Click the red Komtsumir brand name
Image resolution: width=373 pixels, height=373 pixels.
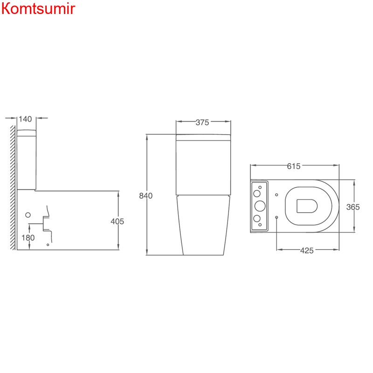point(38,9)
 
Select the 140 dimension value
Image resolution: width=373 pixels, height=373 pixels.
point(25,119)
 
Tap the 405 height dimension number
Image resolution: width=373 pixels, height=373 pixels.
point(117,221)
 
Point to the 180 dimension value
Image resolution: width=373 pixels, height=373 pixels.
point(28,238)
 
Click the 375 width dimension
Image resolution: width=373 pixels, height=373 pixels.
point(202,123)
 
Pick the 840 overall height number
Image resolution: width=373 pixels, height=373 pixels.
point(146,196)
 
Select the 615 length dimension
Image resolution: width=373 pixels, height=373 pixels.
point(294,166)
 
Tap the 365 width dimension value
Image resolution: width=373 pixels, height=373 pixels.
point(353,207)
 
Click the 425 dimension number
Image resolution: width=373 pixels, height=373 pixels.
point(306,251)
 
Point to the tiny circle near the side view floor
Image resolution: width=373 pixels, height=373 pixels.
point(48,244)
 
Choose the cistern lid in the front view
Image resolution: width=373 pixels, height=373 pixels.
point(203,137)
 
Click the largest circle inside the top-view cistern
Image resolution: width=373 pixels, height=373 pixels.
point(259,206)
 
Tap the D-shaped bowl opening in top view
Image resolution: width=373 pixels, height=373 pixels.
point(306,205)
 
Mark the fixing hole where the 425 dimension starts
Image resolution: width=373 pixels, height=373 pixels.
point(277,217)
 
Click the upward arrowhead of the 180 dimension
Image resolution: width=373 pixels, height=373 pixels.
point(28,226)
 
